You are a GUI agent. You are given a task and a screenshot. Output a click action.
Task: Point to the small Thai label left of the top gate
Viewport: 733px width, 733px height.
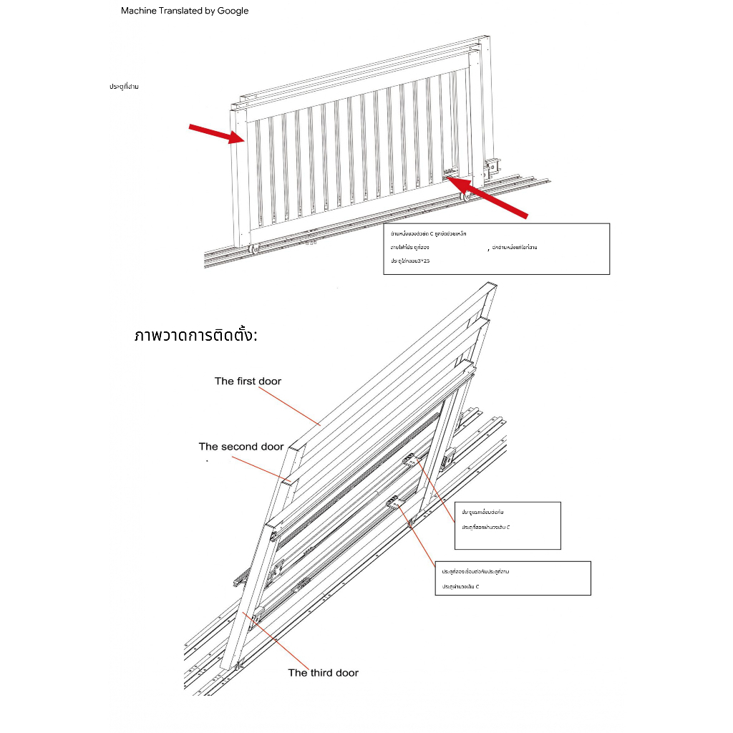124,87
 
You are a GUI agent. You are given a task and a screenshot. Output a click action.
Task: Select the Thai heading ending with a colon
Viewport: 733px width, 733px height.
195,335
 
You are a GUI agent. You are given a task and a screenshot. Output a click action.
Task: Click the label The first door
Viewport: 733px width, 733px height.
248,381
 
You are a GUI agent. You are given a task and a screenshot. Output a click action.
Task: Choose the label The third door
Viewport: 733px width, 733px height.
323,672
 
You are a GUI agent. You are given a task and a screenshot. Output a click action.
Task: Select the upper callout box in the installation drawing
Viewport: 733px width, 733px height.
507,525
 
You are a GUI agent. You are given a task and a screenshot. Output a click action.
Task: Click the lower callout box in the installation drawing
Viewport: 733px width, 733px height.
513,578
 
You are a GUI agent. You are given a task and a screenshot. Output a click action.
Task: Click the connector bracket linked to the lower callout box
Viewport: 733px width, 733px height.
395,503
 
